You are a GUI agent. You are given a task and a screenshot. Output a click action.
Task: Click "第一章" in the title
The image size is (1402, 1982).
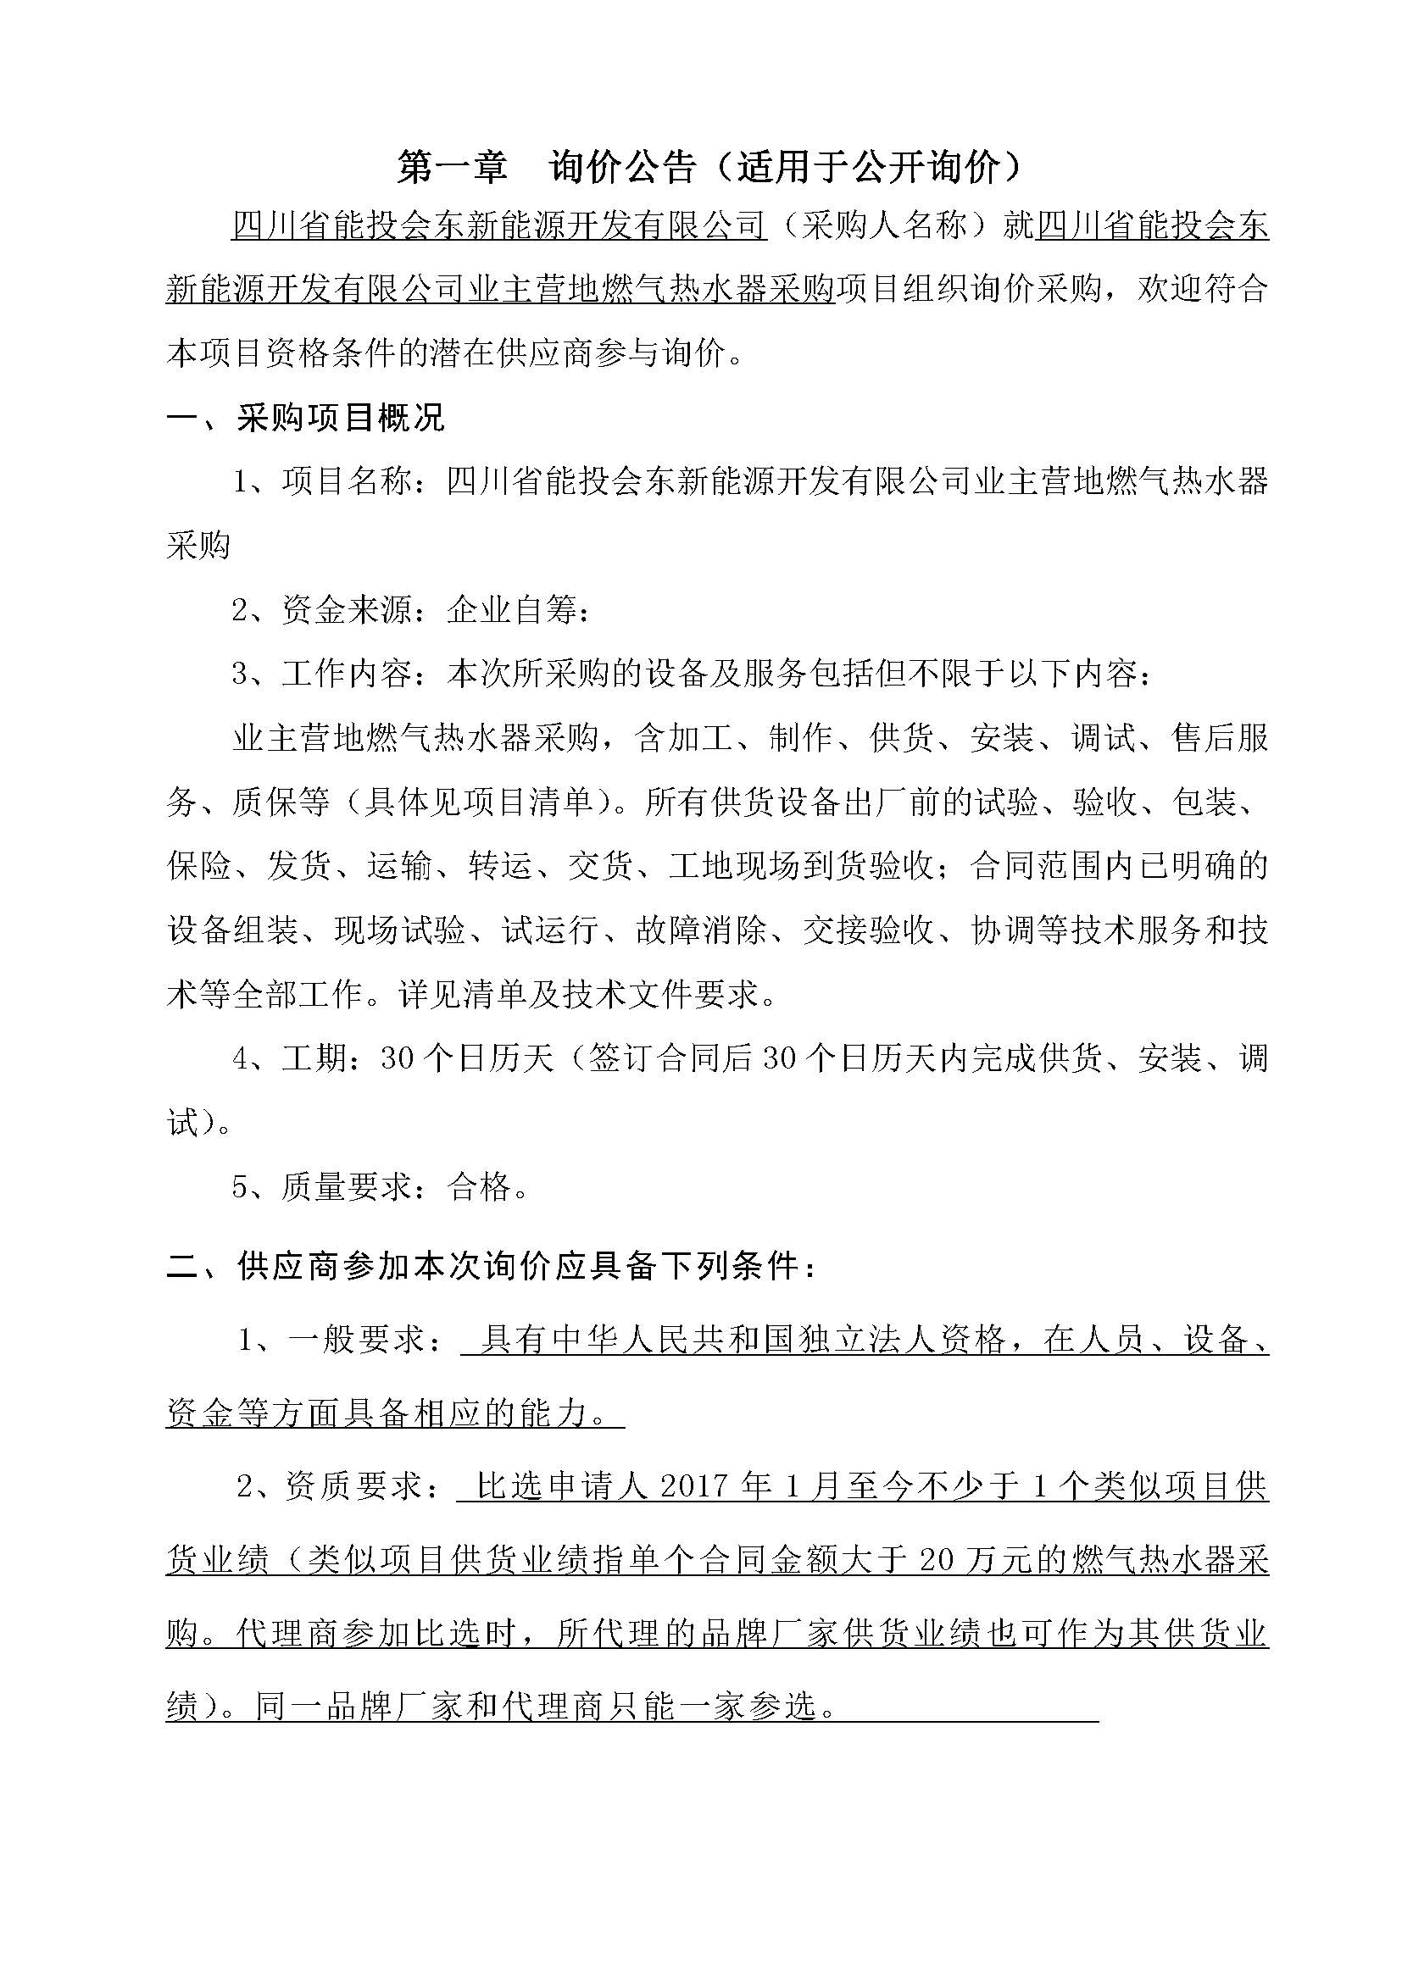click(x=453, y=168)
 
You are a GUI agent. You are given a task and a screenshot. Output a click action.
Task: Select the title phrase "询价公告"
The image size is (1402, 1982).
click(x=621, y=168)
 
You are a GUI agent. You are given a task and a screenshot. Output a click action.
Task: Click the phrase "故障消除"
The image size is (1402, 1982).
click(x=701, y=930)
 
